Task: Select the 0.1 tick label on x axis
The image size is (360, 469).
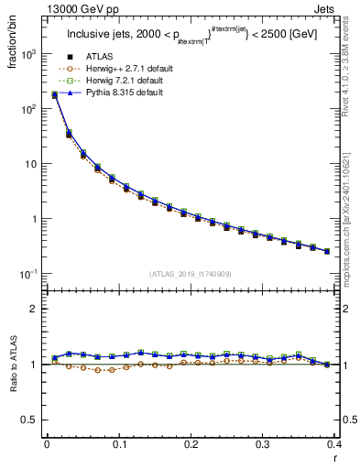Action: coord(119,445)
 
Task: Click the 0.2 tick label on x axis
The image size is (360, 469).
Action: coord(191,445)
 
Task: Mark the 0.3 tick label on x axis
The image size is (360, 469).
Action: coord(263,445)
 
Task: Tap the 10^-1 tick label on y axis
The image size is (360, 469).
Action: coord(29,275)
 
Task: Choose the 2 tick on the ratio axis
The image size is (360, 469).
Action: coord(37,309)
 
